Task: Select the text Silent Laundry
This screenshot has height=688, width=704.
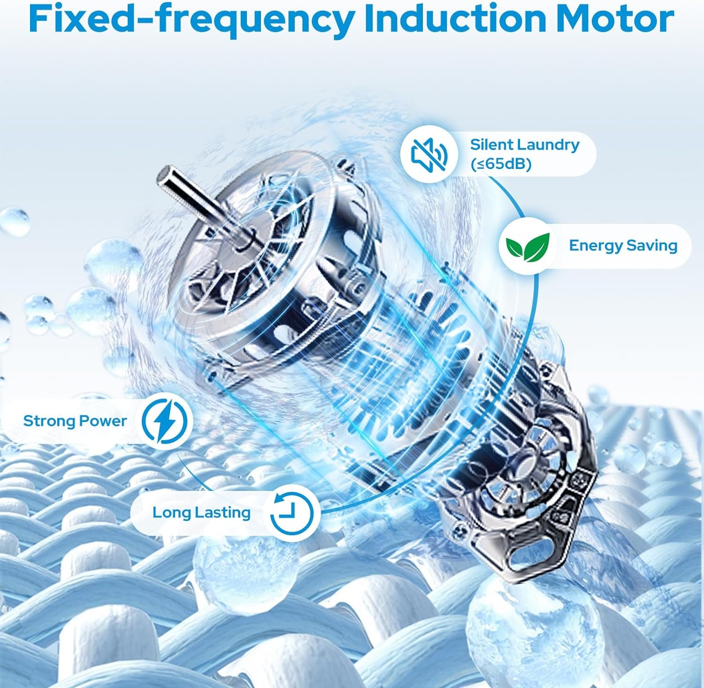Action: click(525, 144)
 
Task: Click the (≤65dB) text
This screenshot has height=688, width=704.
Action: click(501, 165)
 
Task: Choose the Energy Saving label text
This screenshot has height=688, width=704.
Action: click(623, 245)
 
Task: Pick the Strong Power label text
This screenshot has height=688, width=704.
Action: click(75, 421)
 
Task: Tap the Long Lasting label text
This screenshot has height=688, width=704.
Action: click(201, 512)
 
